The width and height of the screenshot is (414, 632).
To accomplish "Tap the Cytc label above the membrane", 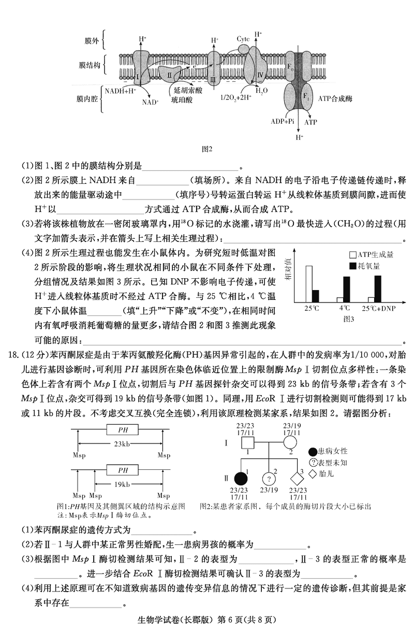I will click(243, 39).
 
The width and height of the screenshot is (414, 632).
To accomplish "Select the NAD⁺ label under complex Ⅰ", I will click(150, 102).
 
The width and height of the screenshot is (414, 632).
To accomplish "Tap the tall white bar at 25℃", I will click(309, 283).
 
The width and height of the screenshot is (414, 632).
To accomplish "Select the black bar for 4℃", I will click(346, 289).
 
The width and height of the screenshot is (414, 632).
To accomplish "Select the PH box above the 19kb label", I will click(123, 470).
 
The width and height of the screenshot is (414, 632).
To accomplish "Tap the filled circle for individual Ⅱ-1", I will click(240, 479).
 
